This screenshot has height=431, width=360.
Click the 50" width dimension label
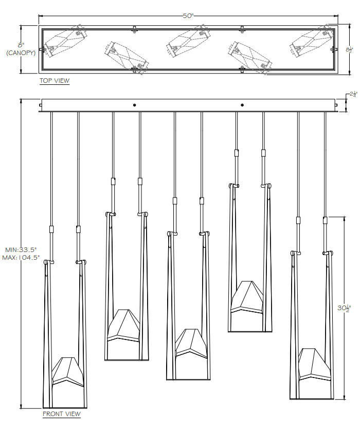click(188, 15)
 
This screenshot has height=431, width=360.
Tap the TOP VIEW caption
click(55, 81)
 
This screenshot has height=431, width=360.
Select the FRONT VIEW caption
click(61, 414)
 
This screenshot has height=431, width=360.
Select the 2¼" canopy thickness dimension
click(353, 95)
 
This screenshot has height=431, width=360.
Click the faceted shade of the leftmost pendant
click(68, 371)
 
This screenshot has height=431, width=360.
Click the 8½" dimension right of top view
click(349, 50)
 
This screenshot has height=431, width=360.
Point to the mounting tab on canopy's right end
click(337, 107)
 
